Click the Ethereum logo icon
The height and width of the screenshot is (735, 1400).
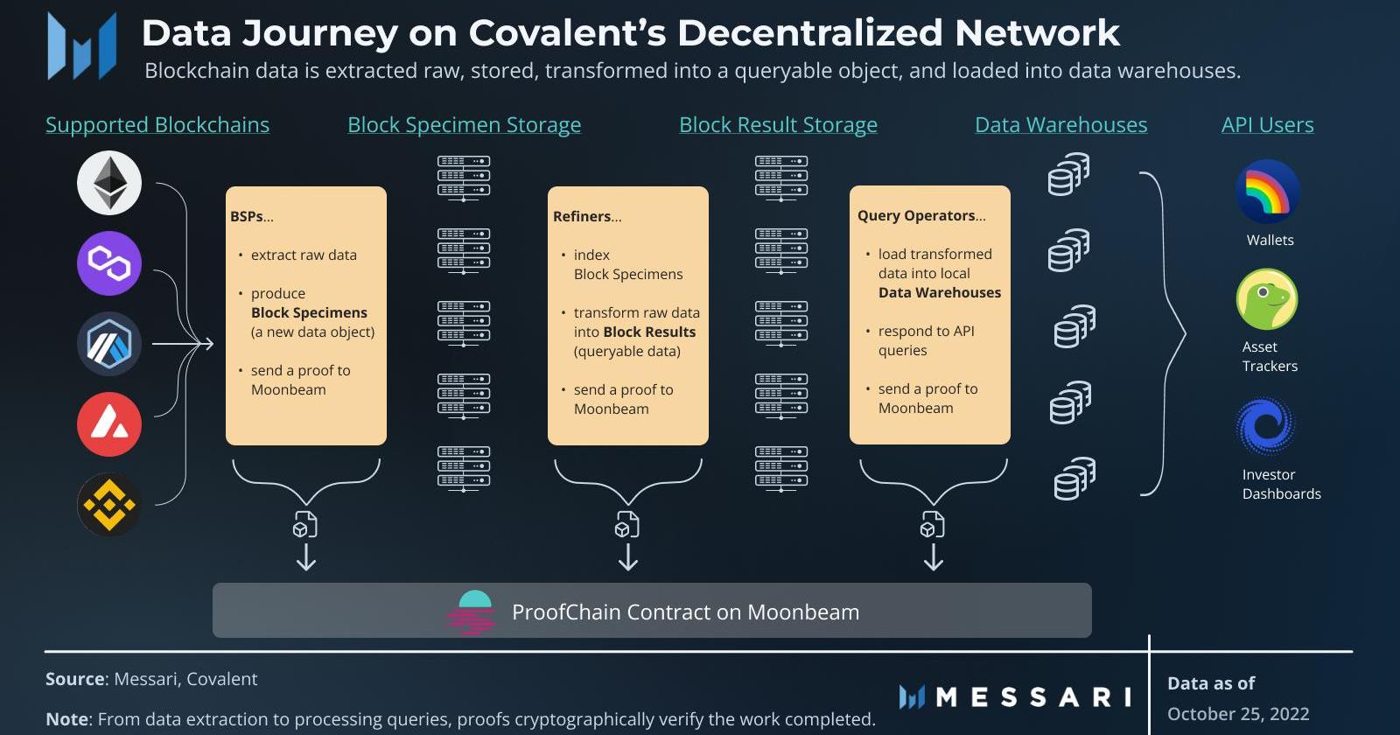tap(109, 183)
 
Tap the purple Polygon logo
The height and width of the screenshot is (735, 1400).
tap(109, 263)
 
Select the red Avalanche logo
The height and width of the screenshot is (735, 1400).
tap(109, 424)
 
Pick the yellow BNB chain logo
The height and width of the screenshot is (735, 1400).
tap(109, 505)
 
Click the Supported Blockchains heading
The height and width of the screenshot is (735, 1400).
tap(157, 125)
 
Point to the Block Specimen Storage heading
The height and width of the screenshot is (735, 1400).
tap(464, 125)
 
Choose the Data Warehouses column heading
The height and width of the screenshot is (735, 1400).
tap(1060, 125)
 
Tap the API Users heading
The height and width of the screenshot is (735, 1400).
tap(1267, 125)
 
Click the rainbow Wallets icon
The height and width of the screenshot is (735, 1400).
tap(1267, 192)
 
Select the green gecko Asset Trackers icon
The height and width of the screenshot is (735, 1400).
tap(1266, 299)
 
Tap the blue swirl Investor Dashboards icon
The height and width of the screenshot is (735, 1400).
tap(1265, 427)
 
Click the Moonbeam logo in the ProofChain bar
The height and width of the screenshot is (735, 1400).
tap(474, 612)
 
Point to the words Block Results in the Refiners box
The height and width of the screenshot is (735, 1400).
tap(649, 332)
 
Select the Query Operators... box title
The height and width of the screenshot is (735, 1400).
tap(921, 215)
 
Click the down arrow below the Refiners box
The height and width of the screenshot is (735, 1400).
tap(628, 557)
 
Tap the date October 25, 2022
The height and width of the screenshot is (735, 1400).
tap(1238, 713)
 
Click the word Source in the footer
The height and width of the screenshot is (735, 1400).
tap(75, 679)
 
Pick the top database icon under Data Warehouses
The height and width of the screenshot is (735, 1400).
tap(1068, 174)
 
